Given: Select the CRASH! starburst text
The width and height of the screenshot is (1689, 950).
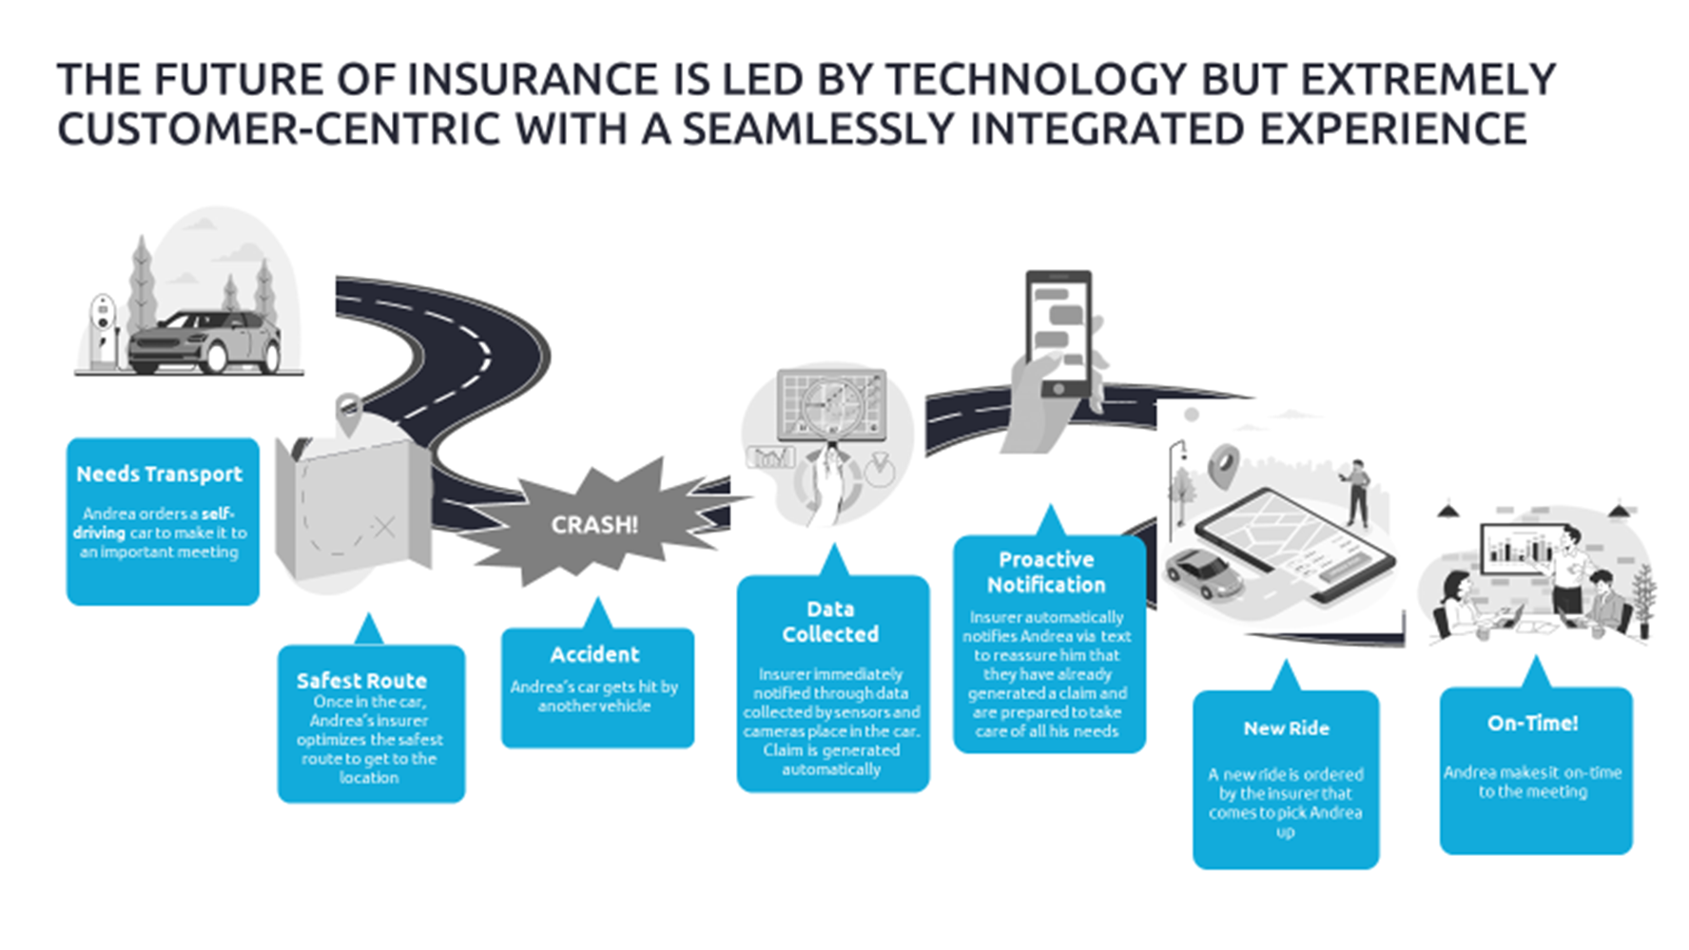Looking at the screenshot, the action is [594, 525].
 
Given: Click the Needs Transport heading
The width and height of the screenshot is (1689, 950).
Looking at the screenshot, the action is [160, 474].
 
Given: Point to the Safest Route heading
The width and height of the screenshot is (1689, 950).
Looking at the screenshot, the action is [361, 680].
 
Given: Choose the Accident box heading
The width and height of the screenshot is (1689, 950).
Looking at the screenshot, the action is [594, 654].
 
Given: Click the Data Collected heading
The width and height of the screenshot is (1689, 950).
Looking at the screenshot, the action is [830, 621].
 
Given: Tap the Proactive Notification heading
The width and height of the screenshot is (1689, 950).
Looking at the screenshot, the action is [1046, 572].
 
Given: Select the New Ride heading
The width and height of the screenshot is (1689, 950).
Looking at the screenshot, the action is [1286, 727].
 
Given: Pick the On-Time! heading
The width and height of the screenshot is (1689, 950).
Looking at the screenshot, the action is [1533, 723].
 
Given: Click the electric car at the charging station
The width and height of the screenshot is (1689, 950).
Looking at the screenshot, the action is [204, 340].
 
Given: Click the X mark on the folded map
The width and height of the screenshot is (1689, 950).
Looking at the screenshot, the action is [384, 527].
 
